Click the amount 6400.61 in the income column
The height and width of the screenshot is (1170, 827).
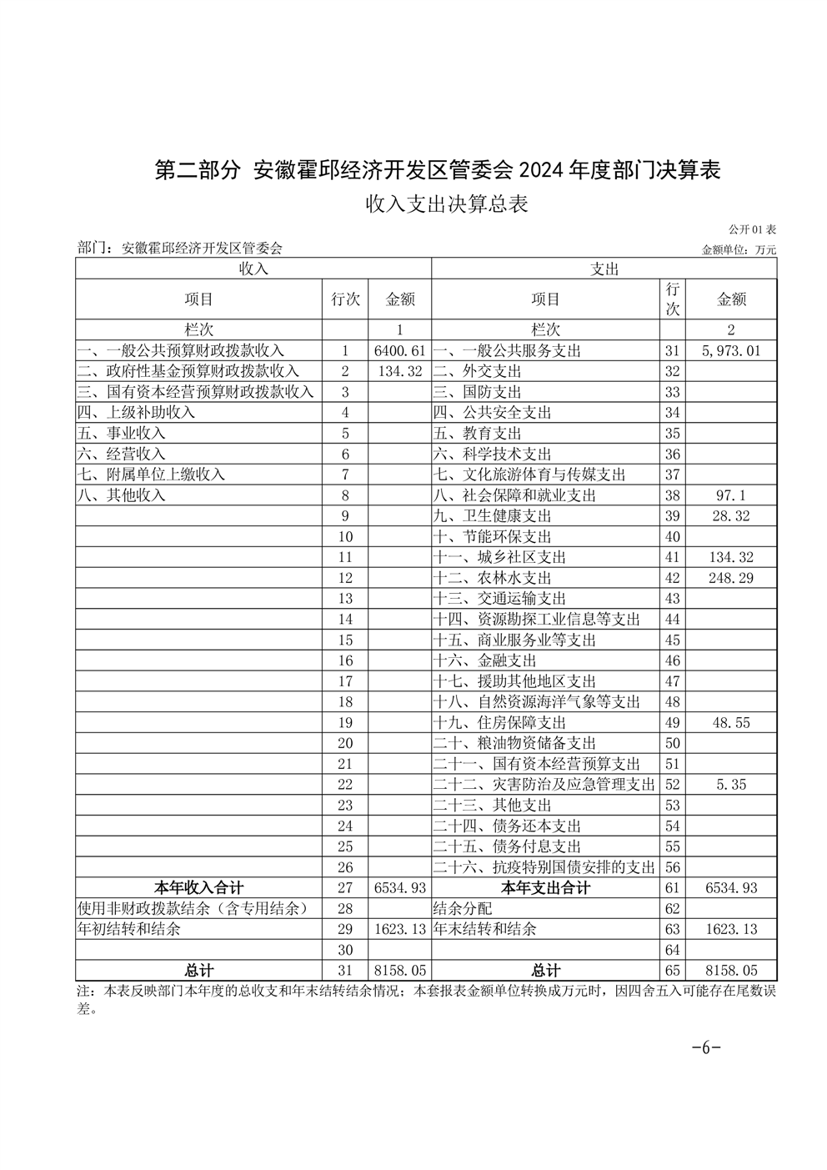point(400,351)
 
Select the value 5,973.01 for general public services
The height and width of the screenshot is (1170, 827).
point(731,351)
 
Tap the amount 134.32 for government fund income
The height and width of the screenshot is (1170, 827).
point(400,371)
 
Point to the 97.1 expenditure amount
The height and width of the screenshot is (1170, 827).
point(731,495)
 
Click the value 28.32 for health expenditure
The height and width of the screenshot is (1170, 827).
point(731,516)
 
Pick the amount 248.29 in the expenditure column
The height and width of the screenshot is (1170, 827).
point(731,578)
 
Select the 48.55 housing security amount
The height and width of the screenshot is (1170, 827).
point(731,723)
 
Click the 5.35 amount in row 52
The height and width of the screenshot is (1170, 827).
point(731,785)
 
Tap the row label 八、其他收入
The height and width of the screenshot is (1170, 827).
point(122,495)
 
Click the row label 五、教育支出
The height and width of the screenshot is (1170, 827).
point(478,434)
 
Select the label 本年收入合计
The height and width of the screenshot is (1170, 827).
point(199,888)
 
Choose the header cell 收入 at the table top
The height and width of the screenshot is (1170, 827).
point(253,269)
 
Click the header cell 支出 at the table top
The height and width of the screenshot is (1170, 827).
point(604,269)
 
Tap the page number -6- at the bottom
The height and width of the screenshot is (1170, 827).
point(705,1048)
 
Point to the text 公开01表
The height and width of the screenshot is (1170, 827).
point(752,229)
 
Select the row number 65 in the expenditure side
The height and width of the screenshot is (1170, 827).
point(673,971)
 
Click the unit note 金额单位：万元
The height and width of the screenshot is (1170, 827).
point(739,249)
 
